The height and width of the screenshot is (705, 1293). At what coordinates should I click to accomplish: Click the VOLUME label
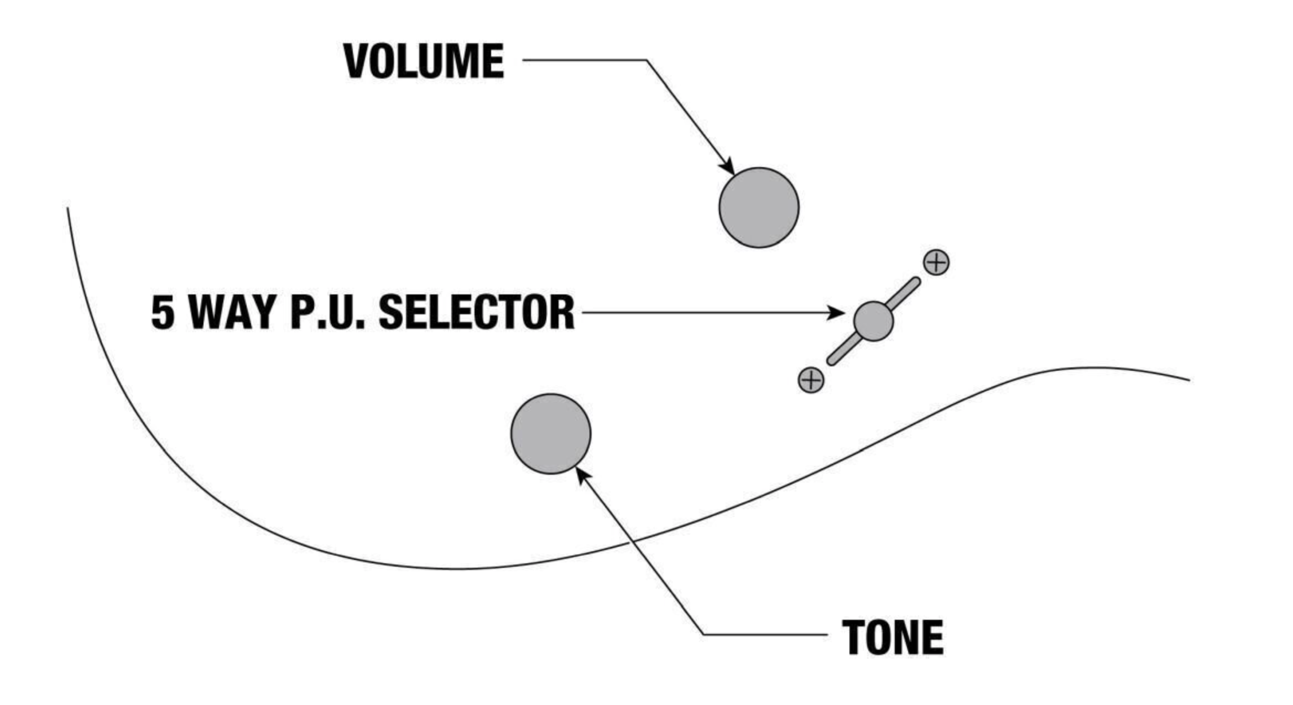pos(424,61)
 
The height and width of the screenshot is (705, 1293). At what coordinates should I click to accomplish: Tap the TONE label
pos(893,637)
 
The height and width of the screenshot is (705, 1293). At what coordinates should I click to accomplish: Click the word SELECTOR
pos(477,313)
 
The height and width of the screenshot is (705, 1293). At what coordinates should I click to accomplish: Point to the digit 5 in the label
pos(163,313)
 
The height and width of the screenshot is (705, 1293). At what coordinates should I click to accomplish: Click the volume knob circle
pos(759,208)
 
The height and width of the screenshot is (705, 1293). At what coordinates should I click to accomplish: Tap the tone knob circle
pos(550,434)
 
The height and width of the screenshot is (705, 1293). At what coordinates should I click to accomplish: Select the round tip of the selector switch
pos(873,321)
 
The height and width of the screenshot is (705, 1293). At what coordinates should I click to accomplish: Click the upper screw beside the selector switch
pos(936,262)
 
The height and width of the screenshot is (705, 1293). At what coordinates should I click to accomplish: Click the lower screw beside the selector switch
pos(811,380)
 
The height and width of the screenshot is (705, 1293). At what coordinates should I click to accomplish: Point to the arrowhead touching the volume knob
pos(728,167)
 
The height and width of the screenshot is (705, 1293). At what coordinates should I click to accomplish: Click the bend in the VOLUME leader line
pos(646,60)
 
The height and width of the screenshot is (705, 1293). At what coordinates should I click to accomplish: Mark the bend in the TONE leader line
pos(703,634)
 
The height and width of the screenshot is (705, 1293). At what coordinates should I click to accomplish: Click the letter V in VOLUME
pos(357,61)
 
